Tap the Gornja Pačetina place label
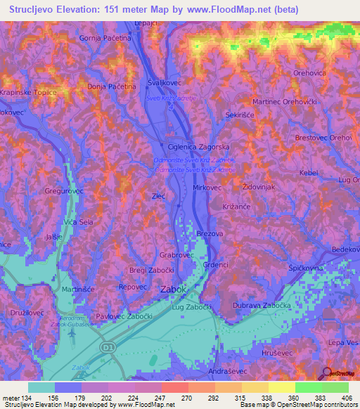[x=106, y=37]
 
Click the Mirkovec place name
[x=207, y=188]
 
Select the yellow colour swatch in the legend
[x=281, y=387]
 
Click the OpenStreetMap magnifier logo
[x=328, y=372]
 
